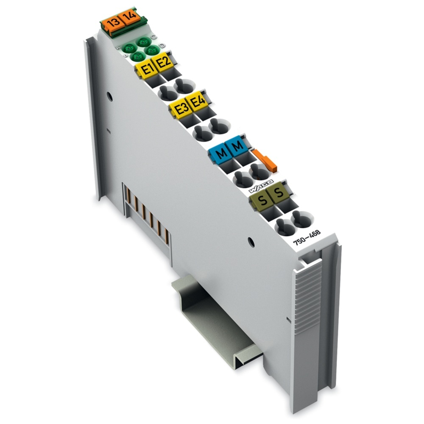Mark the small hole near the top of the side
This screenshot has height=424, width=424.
point(109,95)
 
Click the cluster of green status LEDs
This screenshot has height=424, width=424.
point(139,49)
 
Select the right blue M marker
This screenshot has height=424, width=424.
point(238,147)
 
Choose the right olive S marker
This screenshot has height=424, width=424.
point(279,194)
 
